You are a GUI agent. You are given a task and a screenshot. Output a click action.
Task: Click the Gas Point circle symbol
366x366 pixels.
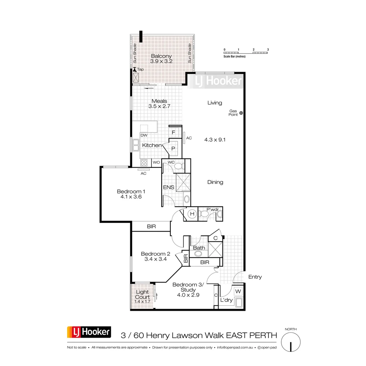click(x=241, y=113)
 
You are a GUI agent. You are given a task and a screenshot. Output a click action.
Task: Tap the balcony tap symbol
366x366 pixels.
click(x=135, y=69)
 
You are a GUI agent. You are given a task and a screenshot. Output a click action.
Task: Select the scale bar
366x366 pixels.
click(x=246, y=53)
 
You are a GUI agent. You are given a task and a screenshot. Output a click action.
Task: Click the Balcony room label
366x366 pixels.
click(x=161, y=56)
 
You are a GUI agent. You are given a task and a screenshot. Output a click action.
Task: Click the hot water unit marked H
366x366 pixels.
click(x=192, y=214)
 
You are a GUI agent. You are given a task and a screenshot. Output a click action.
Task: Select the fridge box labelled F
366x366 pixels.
click(x=173, y=133)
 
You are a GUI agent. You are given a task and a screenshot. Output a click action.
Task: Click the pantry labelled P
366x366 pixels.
click(x=173, y=148)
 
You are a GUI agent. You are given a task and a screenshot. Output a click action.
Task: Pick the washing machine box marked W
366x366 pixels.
click(x=238, y=291)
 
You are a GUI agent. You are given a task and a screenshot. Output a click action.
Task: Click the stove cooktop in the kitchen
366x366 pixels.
click(x=144, y=162)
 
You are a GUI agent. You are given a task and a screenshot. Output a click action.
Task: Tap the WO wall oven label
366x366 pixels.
click(x=156, y=163)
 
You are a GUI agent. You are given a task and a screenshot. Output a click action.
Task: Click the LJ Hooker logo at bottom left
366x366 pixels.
click(x=89, y=332)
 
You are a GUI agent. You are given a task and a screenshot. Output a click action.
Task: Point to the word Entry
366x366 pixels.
click(x=255, y=277)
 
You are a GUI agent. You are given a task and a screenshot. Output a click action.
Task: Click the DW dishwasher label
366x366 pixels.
click(x=144, y=135)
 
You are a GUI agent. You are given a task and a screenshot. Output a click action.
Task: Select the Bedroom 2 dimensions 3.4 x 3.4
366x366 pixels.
click(x=156, y=260)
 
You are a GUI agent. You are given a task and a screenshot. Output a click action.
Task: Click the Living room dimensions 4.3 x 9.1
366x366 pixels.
click(x=215, y=139)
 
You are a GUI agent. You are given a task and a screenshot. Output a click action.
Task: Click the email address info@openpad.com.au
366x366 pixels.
click(x=235, y=347)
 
